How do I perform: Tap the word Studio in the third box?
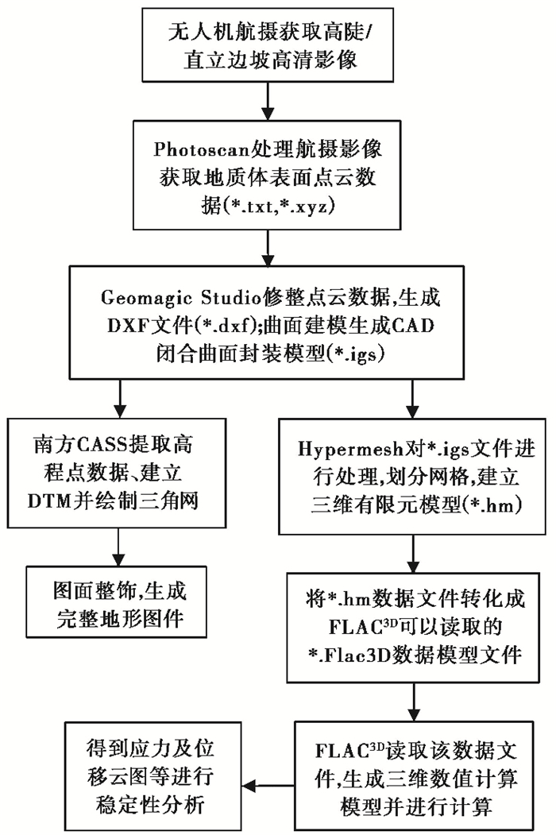click(x=231, y=297)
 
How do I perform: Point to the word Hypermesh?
click(x=350, y=450)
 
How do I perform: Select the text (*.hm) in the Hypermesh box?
click(x=492, y=504)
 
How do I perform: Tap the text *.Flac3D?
click(x=350, y=655)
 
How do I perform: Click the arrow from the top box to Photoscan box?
click(x=268, y=101)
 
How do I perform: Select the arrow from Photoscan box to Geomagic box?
click(x=268, y=248)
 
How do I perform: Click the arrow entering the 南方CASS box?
click(x=121, y=398)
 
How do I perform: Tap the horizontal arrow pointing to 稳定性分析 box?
click(x=268, y=786)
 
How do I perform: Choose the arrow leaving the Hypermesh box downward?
click(x=413, y=554)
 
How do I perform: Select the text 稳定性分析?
click(x=150, y=804)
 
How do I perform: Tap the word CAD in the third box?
click(x=413, y=326)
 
